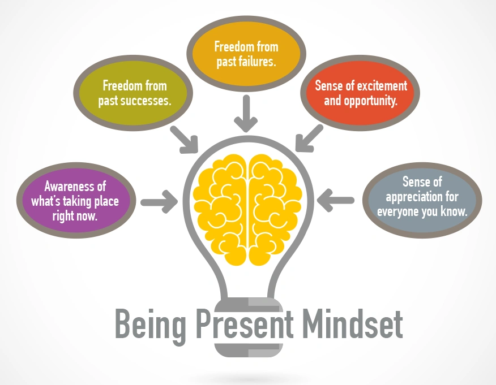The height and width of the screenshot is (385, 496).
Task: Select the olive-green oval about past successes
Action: tap(134, 94)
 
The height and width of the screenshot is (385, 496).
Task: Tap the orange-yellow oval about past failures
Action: tap(246, 54)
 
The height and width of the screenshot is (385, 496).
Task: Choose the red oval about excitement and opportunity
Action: tap(361, 93)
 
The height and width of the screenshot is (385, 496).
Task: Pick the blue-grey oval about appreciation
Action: tap(422, 197)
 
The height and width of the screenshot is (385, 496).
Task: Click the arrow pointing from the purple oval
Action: tap(160, 202)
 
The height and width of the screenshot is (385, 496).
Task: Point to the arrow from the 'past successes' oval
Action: tap(184, 139)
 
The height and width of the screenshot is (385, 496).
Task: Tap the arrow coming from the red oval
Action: tap(308, 139)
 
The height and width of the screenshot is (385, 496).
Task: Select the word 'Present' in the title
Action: tap(245, 324)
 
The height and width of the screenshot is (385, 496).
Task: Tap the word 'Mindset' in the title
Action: tap(352, 324)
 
